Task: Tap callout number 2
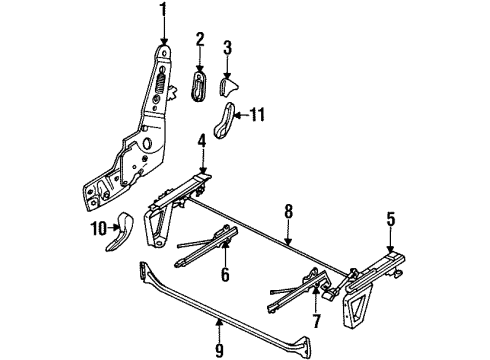(x=199, y=40)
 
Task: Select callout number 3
(x=227, y=47)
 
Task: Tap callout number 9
(x=220, y=351)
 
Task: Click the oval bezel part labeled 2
(x=199, y=86)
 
